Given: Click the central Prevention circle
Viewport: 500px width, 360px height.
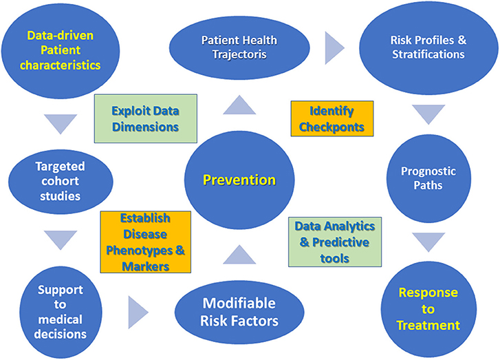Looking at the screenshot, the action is [239, 180].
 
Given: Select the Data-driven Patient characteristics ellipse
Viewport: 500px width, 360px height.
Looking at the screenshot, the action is [61, 50].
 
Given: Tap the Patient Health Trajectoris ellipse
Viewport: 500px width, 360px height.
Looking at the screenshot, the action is [239, 48].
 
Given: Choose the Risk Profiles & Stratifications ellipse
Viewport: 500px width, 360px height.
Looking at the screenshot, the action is [428, 48].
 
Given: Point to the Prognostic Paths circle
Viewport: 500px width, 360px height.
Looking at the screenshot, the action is [428, 178].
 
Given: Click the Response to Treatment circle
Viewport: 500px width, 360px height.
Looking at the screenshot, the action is [428, 309].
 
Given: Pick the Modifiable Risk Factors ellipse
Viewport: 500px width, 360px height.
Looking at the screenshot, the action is [239, 312].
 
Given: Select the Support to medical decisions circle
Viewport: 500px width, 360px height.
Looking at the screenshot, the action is [61, 312].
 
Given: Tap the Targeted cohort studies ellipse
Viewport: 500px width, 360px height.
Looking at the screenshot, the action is [61, 181].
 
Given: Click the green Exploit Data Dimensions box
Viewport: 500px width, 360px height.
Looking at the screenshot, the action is [146, 118].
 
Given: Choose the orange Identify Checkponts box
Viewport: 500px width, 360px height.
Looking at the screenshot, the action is [332, 118].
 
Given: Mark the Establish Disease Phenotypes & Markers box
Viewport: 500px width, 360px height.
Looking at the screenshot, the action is [146, 242].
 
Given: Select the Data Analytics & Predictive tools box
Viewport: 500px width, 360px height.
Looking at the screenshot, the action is [335, 242].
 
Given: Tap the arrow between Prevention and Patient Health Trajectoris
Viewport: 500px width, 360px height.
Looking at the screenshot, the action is [239, 106].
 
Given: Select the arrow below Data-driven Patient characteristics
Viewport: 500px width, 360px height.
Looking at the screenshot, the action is [61, 123].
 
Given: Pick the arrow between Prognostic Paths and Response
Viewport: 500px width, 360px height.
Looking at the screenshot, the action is [428, 241].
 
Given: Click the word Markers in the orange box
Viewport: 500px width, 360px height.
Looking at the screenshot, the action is [146, 266].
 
